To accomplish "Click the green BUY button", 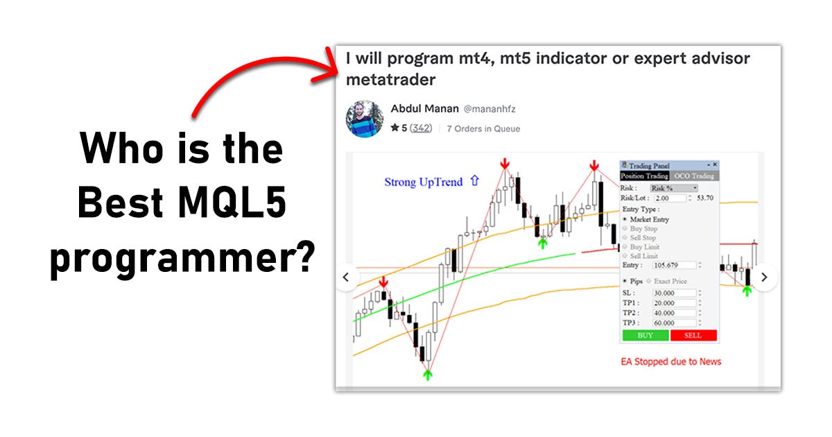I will click(x=645, y=335).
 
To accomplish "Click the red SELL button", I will click(x=693, y=335).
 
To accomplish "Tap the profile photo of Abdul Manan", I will click(x=364, y=119).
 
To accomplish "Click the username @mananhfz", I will click(x=489, y=109).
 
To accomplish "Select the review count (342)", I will click(x=420, y=128).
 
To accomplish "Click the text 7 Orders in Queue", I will click(x=483, y=128).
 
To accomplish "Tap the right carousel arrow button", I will click(x=763, y=277).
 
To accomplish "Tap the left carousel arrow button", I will click(x=347, y=277).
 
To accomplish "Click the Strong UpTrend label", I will click(x=423, y=182).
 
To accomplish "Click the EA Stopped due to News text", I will click(x=670, y=361).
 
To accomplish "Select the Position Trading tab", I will click(x=644, y=176).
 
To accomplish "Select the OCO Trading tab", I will click(x=694, y=176).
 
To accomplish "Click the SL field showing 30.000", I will click(x=674, y=293).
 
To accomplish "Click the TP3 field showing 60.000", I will click(x=674, y=323).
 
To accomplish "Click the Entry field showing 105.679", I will click(x=674, y=265).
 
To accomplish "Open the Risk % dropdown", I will click(x=674, y=188).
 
